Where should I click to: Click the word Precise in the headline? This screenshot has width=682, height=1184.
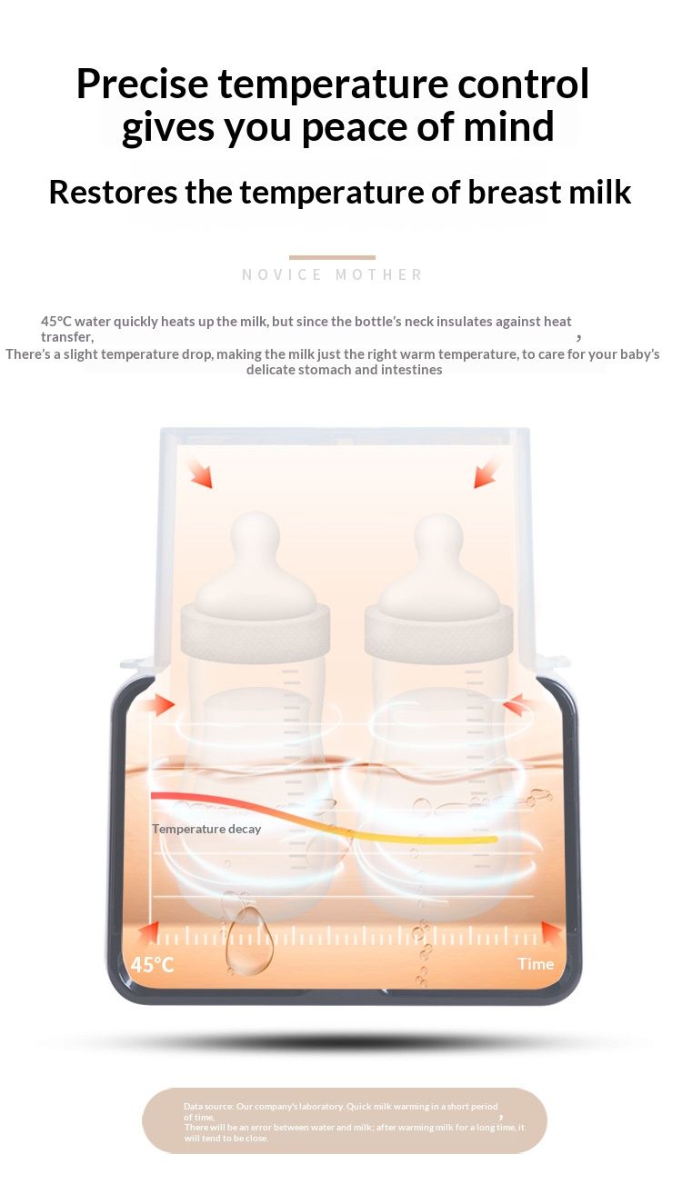[143, 84]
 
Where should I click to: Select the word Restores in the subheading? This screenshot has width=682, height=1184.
[113, 192]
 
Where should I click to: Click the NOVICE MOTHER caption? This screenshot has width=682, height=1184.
[332, 274]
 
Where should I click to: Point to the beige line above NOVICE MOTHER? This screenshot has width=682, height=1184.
[332, 257]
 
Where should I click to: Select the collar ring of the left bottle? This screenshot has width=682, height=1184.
[255, 630]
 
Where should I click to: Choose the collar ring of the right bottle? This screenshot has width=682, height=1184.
[438, 630]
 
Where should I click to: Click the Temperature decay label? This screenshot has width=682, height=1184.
[206, 829]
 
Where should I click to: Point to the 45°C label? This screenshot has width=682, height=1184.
[152, 965]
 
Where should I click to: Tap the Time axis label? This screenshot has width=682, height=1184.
[536, 964]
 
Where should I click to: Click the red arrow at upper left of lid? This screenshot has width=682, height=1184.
[201, 474]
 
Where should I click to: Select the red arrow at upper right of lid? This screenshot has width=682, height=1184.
[486, 474]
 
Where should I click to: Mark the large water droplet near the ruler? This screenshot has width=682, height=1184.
[248, 941]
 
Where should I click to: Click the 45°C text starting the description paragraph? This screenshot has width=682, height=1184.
[56, 322]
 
